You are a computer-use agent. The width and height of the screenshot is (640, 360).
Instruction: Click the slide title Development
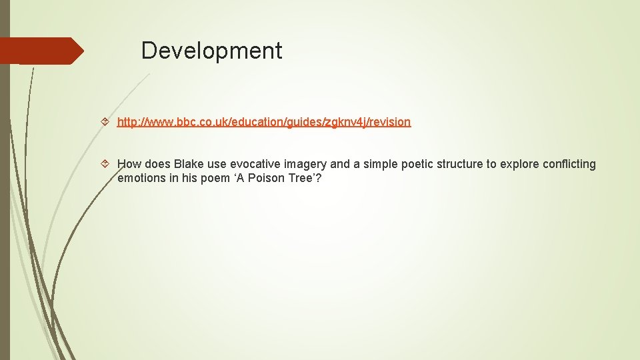pos(211,51)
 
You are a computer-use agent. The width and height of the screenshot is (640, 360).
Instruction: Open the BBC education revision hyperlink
pos(264,122)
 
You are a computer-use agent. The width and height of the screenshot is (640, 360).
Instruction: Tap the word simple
pos(381,165)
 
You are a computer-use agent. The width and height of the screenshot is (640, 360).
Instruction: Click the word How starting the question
pos(129,164)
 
